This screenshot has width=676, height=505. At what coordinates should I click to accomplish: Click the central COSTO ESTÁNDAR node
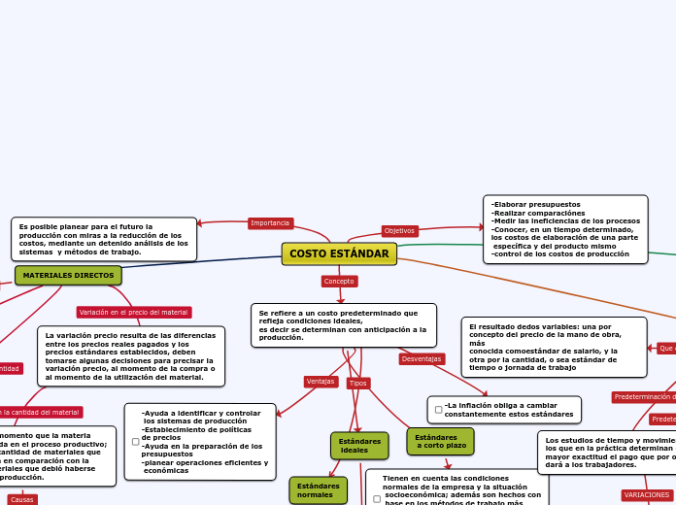[339, 253]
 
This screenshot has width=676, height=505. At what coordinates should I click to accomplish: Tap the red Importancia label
[270, 223]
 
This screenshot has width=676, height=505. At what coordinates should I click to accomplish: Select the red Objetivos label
[399, 231]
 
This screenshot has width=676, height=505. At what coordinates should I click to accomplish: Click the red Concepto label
[339, 282]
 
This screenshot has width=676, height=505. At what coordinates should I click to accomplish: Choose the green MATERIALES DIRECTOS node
[68, 276]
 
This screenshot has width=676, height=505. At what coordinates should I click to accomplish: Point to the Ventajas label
[321, 382]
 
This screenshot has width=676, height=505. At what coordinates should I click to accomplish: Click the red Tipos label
[358, 384]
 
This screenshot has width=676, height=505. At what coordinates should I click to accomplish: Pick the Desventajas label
[422, 359]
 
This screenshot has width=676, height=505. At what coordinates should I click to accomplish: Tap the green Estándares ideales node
[359, 446]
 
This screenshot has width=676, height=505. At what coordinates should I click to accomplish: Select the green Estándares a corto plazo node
[440, 442]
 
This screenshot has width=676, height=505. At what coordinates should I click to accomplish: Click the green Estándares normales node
[318, 490]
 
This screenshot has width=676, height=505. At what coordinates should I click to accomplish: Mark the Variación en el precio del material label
[134, 313]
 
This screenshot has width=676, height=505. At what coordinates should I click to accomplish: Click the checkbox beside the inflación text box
[438, 410]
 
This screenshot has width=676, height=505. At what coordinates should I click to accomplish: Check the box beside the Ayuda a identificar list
[135, 442]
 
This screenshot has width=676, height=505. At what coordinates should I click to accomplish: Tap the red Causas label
[22, 499]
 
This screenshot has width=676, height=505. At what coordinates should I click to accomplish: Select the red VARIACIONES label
[646, 495]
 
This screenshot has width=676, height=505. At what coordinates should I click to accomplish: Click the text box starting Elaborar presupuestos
[565, 229]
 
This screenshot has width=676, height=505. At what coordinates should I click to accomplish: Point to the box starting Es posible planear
[104, 240]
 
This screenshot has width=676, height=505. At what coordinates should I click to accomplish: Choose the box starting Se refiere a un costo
[343, 325]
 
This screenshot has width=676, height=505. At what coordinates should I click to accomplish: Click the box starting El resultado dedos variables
[553, 347]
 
